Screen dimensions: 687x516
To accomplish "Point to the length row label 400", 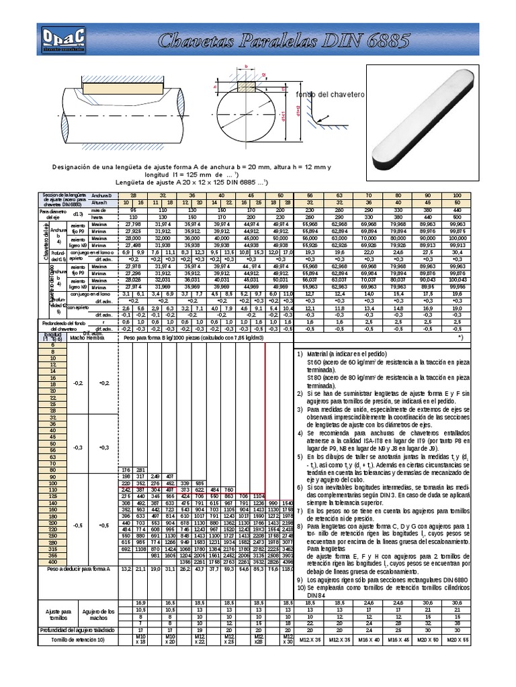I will coord(51,562).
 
